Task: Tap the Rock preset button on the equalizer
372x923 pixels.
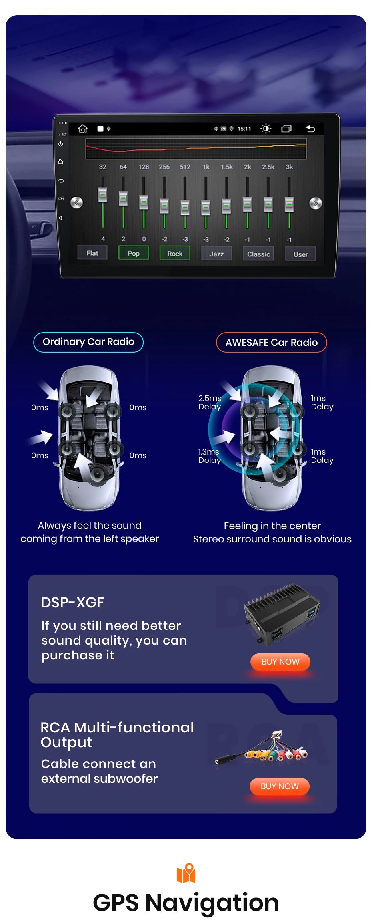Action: pos(175,253)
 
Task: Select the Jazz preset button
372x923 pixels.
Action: pos(216,254)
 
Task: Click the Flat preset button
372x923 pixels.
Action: pos(92,253)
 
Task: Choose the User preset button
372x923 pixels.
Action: pos(300,254)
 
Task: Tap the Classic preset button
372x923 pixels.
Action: pos(258,254)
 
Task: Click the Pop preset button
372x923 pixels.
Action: pos(134,253)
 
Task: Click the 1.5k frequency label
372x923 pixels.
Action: pos(226,167)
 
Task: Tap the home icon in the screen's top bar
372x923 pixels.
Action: pos(83,129)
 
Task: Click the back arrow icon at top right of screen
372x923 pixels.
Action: pos(310,129)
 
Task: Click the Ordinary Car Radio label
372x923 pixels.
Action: pos(88,342)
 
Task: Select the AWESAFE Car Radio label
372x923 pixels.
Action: pos(272,343)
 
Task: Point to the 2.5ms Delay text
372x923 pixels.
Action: pos(210,402)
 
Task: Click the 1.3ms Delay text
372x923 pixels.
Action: pos(209,456)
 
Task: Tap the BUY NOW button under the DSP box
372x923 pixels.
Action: pos(280,662)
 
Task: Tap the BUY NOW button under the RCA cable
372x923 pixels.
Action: pos(280,786)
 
